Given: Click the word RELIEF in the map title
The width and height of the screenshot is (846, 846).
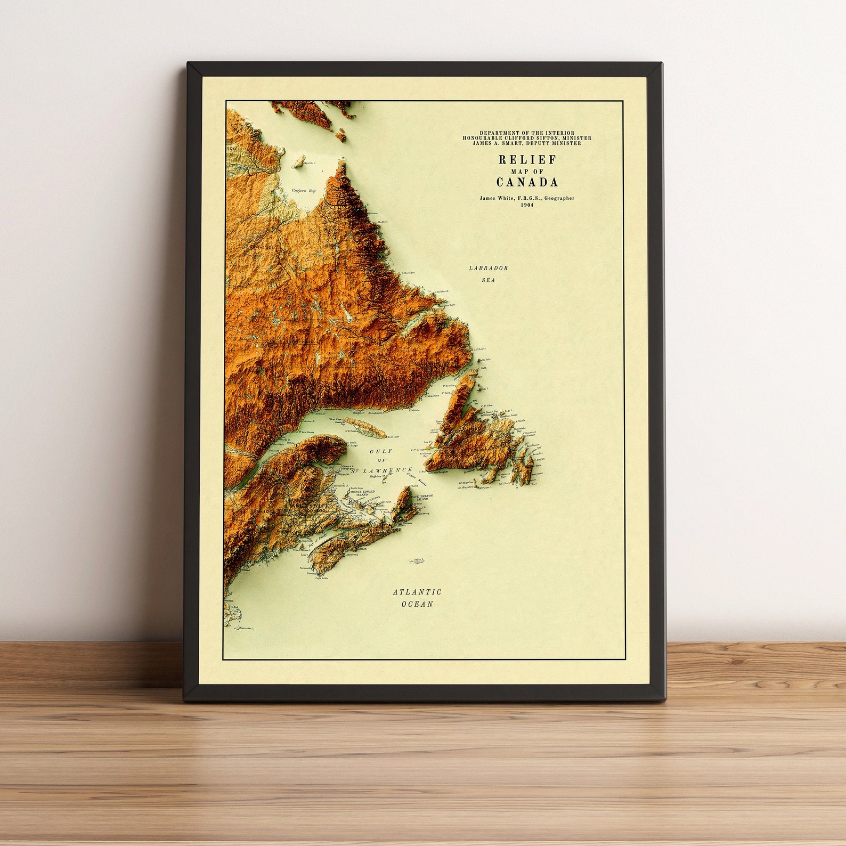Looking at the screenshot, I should [x=527, y=159].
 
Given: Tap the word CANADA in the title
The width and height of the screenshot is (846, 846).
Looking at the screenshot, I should [x=527, y=182].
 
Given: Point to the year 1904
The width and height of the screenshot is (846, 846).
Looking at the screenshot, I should [x=527, y=205].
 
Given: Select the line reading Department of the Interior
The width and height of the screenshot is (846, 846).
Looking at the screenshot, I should [x=527, y=133].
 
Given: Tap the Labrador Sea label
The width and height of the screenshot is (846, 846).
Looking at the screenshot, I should [x=489, y=274].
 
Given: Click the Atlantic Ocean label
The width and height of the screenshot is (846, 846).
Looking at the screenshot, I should [x=417, y=598].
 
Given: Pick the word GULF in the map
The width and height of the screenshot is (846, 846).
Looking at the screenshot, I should [x=381, y=451].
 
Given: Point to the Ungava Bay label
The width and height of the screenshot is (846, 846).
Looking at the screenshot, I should [x=304, y=191].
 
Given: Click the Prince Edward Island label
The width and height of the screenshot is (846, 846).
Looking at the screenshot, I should [x=362, y=493].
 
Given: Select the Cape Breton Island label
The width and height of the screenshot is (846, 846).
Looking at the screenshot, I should [x=421, y=497].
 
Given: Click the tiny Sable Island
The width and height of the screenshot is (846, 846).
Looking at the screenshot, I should [x=416, y=560].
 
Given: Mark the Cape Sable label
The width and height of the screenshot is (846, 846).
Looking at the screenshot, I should [x=321, y=577].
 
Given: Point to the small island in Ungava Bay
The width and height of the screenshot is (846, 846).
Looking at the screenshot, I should [x=299, y=161].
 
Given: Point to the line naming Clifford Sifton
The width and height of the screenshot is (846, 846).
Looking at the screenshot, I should [x=527, y=138].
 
